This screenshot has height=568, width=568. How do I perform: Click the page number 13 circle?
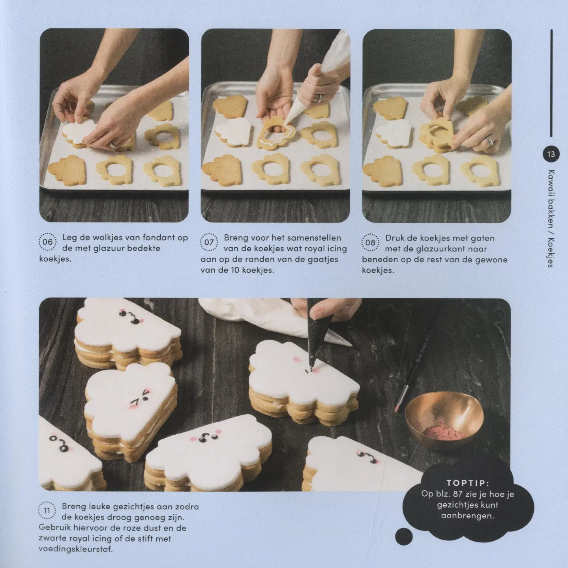coord(551,154)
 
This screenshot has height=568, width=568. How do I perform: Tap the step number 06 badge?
coord(47,242)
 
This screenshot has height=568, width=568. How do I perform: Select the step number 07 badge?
coord(209,242)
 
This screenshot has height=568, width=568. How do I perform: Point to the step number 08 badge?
coord(370,243)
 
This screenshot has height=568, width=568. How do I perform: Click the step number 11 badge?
coord(47,510)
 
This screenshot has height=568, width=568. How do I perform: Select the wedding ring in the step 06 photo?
coord(113,145)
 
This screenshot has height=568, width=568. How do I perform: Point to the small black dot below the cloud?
coord(404,535)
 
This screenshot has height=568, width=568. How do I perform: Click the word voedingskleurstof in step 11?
coord(76,549)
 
